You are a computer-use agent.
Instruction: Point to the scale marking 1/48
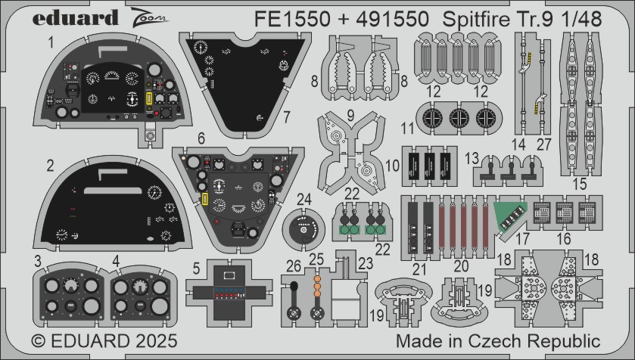[581, 20]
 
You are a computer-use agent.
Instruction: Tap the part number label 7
[287, 117]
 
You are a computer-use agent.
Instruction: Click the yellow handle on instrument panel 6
[204, 199]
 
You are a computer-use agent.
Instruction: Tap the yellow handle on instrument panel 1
[148, 99]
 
